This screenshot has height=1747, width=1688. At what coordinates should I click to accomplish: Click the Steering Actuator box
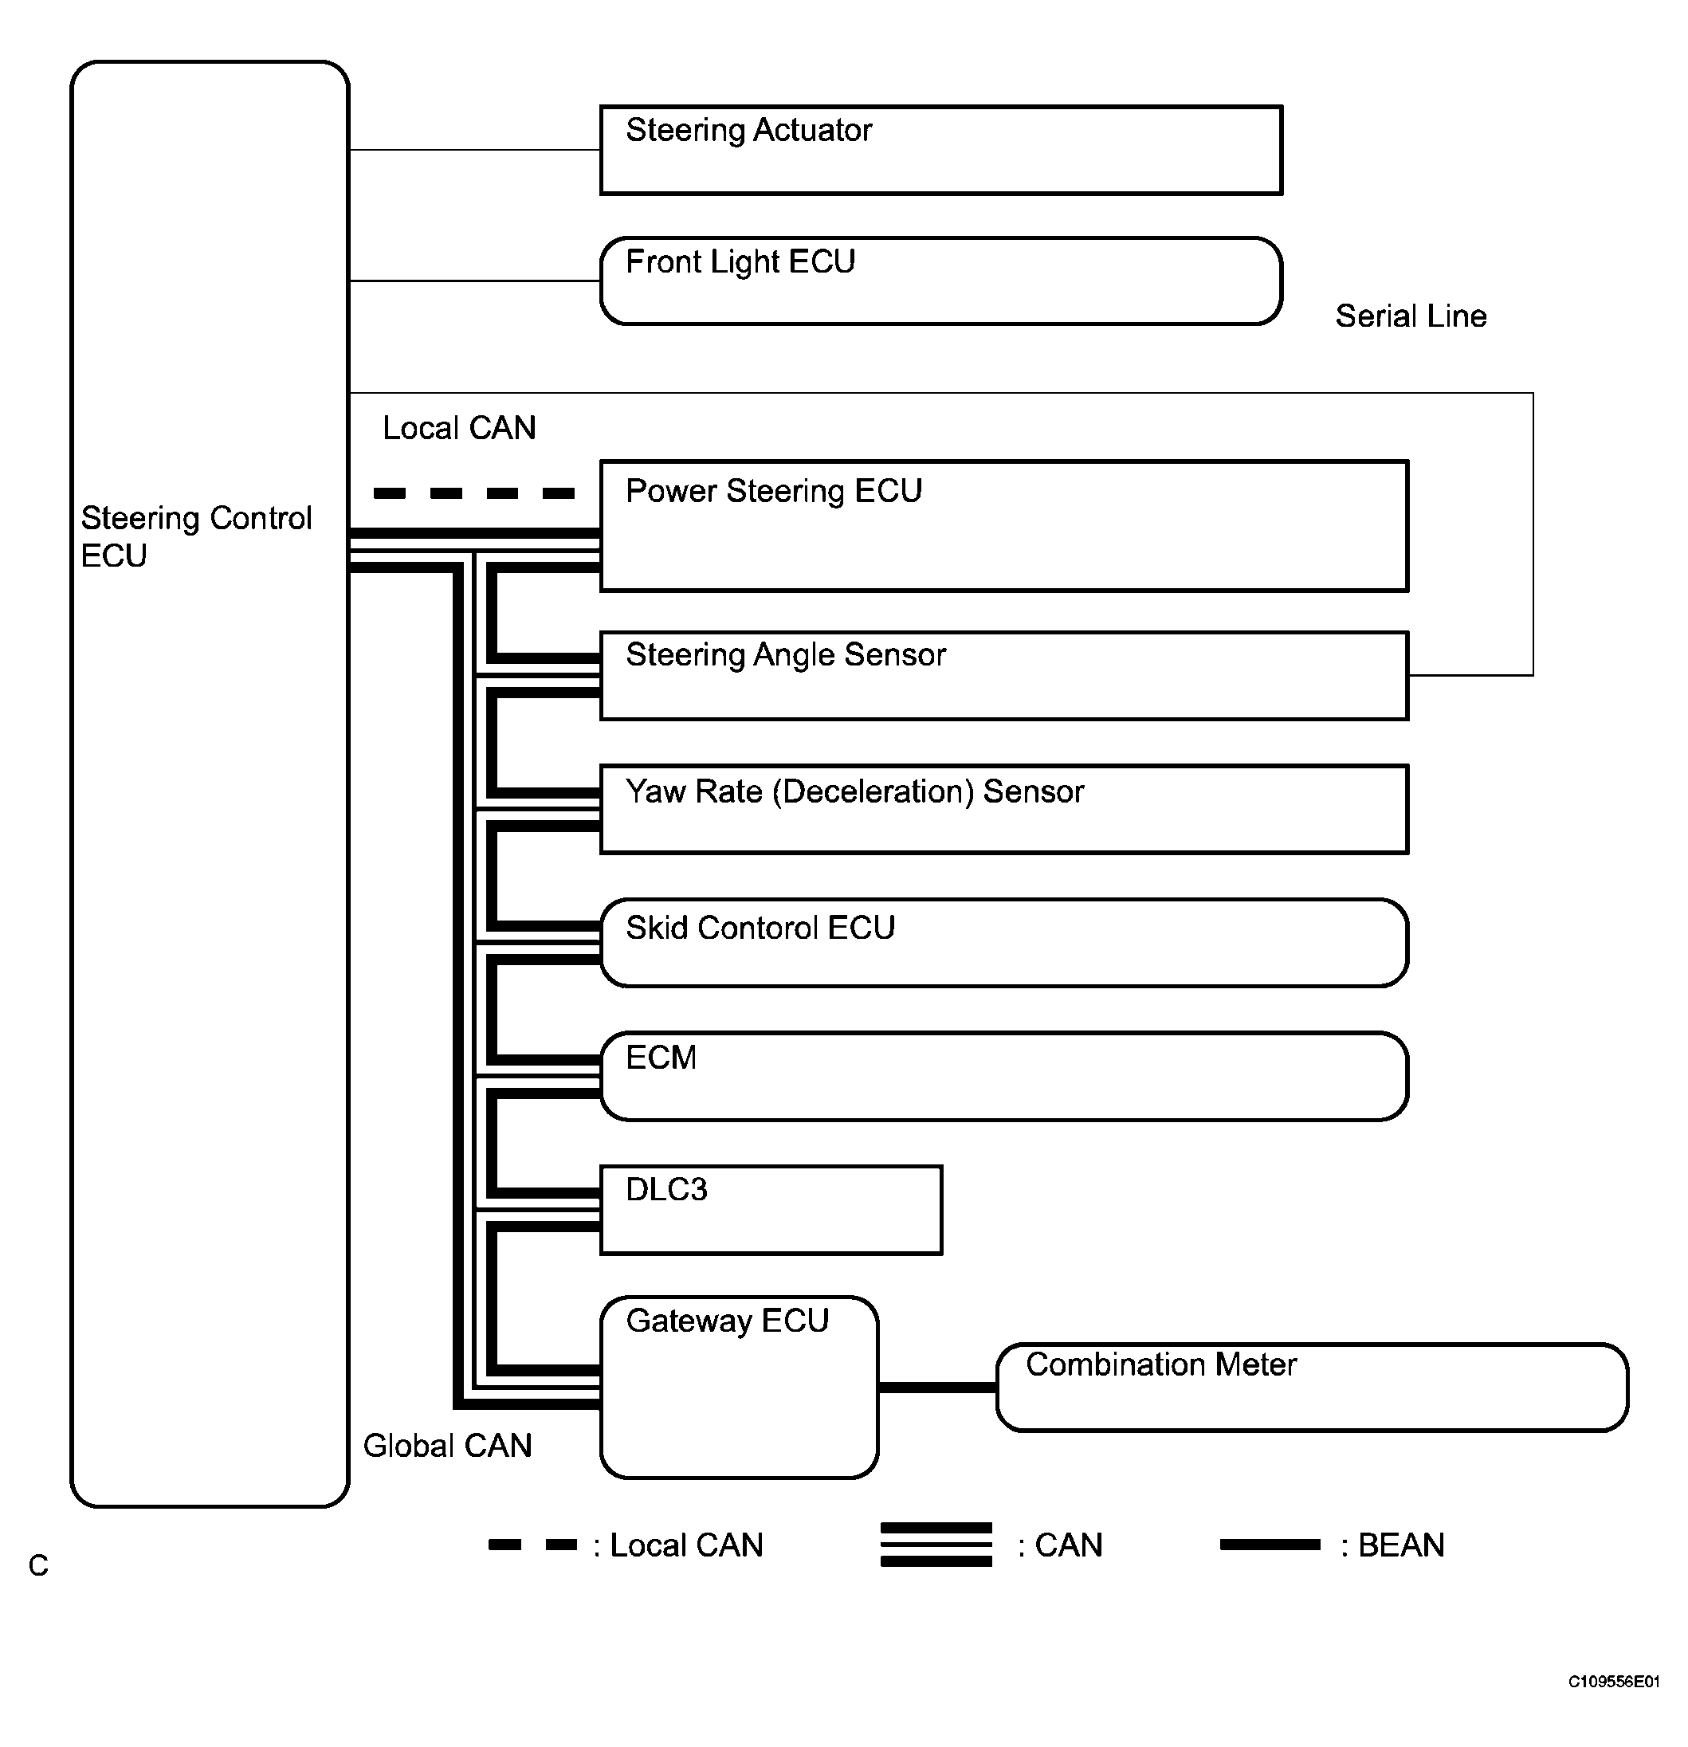click(941, 150)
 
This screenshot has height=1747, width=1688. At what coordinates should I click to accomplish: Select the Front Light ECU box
click(941, 281)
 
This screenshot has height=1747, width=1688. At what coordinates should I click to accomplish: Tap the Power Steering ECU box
click(1004, 526)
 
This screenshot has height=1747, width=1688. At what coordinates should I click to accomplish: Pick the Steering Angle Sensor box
click(1004, 676)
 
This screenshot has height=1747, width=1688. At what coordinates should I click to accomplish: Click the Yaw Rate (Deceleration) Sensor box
click(1004, 809)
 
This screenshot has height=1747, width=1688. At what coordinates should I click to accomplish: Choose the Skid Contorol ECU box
click(1004, 943)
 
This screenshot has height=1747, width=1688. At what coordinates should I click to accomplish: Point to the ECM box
click(1004, 1076)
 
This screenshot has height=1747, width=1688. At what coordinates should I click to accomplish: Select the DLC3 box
click(771, 1210)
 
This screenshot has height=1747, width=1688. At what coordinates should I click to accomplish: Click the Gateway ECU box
click(739, 1387)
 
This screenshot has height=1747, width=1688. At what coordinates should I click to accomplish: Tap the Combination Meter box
click(1312, 1387)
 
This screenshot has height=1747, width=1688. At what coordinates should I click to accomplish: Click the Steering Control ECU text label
click(196, 536)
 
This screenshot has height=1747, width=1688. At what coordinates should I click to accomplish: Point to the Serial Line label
click(1411, 316)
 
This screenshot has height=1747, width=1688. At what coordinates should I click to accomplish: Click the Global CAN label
click(447, 1446)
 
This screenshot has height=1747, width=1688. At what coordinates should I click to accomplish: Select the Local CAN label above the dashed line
click(459, 428)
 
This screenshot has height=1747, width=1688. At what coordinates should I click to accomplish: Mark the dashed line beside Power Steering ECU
click(474, 493)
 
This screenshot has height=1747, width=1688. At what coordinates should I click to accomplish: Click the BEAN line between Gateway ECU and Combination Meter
click(937, 1387)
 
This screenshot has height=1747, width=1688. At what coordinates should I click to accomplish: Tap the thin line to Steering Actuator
click(475, 150)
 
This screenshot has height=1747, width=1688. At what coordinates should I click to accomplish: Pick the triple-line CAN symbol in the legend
click(936, 1544)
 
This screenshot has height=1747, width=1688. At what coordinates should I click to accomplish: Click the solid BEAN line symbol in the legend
click(1270, 1545)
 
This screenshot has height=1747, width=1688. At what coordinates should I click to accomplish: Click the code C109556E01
click(1614, 1682)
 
